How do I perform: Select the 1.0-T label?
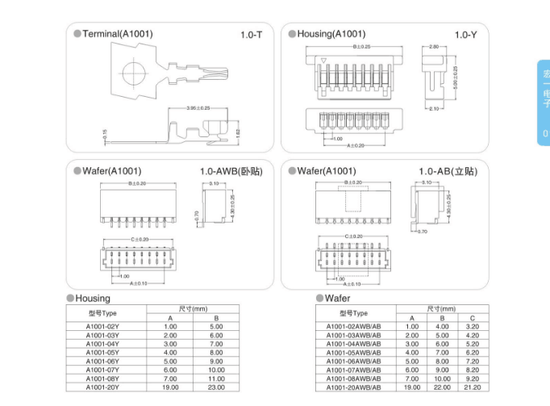tap(252, 35)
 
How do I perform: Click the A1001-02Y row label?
tap(102, 327)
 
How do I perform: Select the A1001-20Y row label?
tap(102, 387)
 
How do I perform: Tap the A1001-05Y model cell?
tap(102, 352)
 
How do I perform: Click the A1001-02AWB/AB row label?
tap(353, 326)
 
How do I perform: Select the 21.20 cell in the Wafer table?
tap(473, 387)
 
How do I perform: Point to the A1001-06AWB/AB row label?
tap(353, 361)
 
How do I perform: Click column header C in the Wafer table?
tap(473, 318)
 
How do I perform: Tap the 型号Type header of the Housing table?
tap(102, 313)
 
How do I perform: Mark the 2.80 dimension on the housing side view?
tap(433, 47)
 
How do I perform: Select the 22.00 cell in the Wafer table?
tap(442, 387)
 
